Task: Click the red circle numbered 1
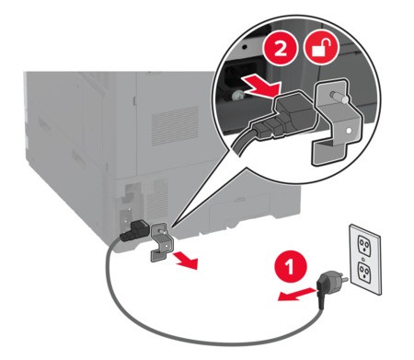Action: coord(290,267)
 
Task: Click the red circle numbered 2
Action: coord(281,49)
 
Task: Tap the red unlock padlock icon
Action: coord(321,49)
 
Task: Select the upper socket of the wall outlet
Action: coord(364,245)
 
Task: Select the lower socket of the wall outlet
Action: coord(365,270)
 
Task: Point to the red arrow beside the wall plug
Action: coord(296,294)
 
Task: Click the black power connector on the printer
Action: coord(133,230)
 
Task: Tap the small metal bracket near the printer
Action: coord(161,242)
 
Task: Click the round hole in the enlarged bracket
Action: coord(348,131)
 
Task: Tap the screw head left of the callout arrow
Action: coord(237,96)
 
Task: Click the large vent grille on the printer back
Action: coord(175,125)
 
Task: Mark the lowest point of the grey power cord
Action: coord(214,344)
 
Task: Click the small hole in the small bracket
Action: coord(166,246)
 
